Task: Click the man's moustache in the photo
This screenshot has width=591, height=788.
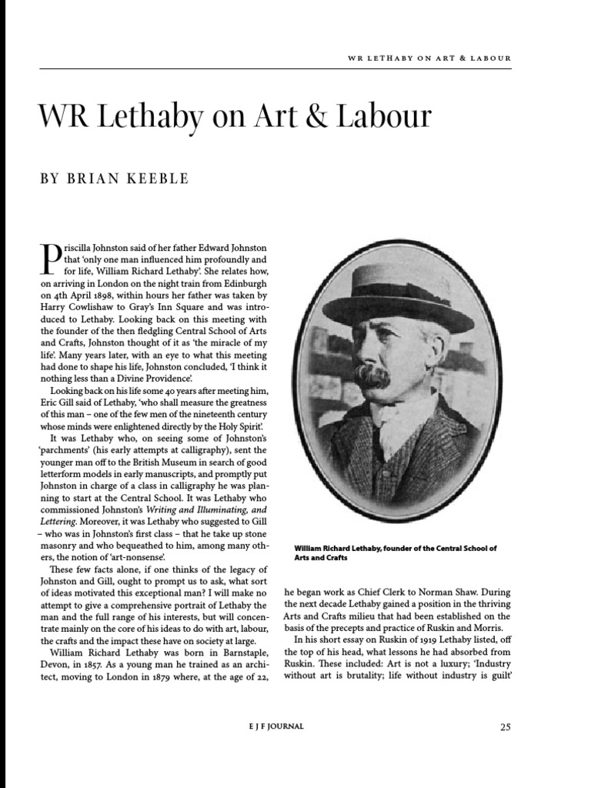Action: coord(373,376)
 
